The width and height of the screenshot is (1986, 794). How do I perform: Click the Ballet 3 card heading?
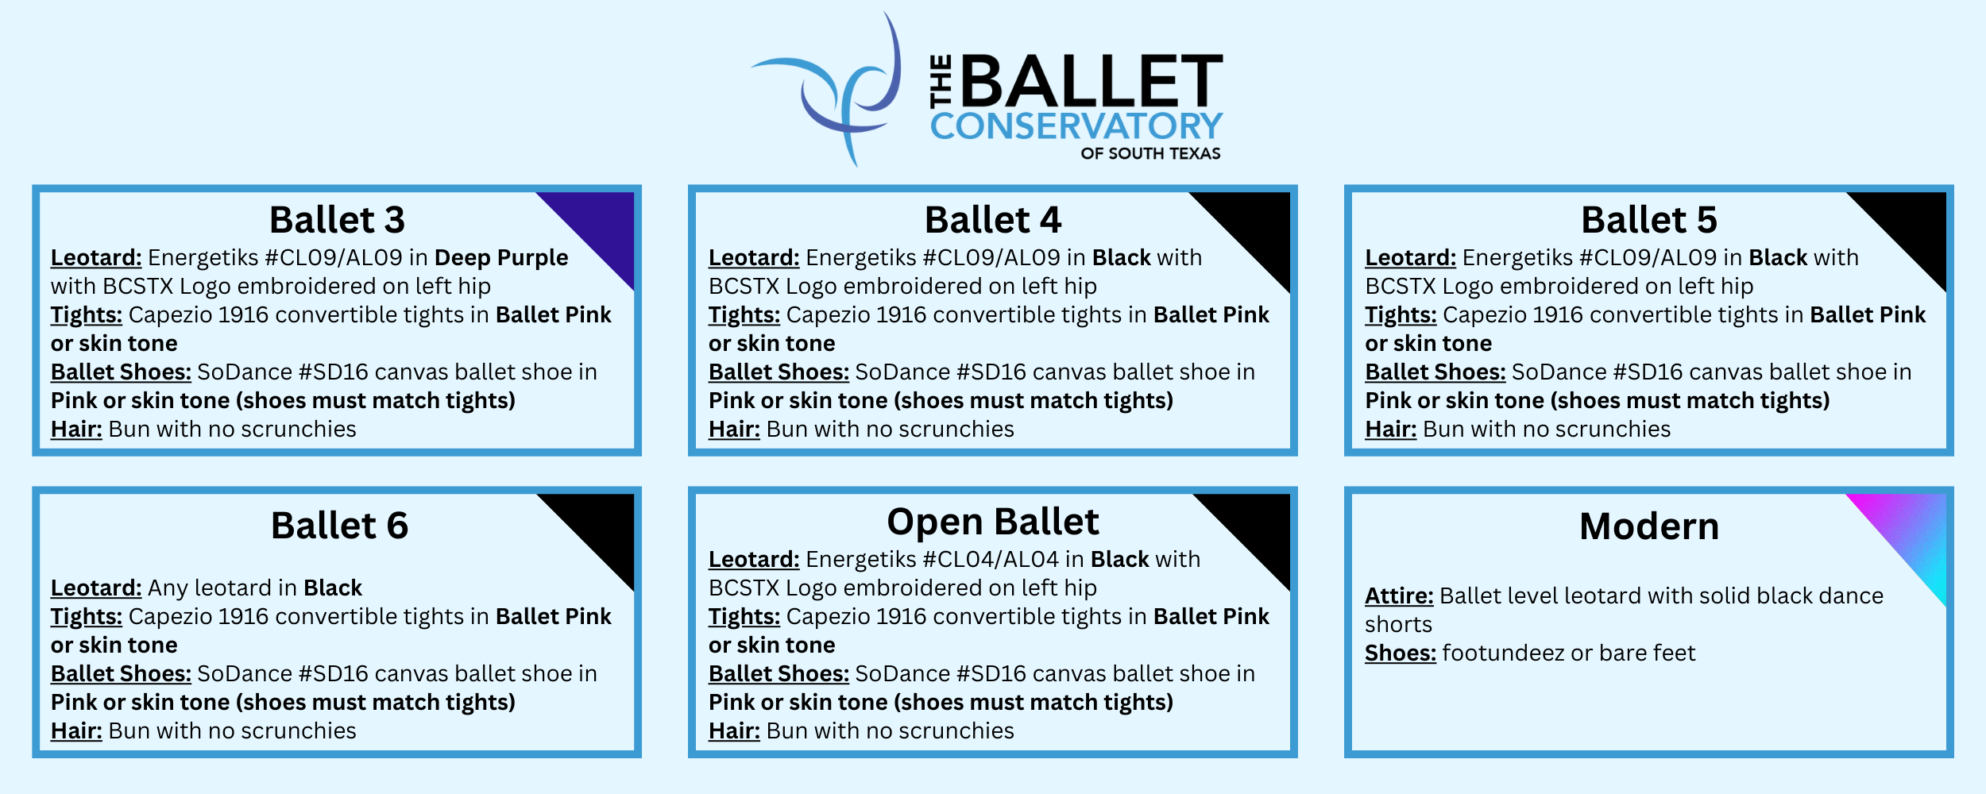point(337,220)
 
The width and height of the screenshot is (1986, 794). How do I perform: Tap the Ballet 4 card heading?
point(993,220)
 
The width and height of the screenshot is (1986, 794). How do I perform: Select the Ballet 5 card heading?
point(1649,220)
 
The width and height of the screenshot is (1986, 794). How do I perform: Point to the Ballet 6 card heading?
point(339,526)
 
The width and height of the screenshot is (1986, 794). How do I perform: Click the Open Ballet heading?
point(993,522)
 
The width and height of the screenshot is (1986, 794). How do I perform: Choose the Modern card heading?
point(1649,526)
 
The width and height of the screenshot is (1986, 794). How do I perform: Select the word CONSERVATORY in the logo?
point(1076,126)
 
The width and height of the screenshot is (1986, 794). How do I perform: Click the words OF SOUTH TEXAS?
point(1150,153)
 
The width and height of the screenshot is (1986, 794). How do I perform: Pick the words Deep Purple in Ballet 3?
point(501,258)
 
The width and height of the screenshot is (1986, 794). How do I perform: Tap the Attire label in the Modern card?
point(1399,595)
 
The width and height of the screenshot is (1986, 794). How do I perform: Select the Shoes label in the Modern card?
point(1401,653)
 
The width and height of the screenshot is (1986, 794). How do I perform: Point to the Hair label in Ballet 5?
point(1390,429)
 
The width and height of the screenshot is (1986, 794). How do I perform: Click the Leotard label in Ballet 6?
point(96,588)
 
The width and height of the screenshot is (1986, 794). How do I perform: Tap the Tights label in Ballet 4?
point(744,315)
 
